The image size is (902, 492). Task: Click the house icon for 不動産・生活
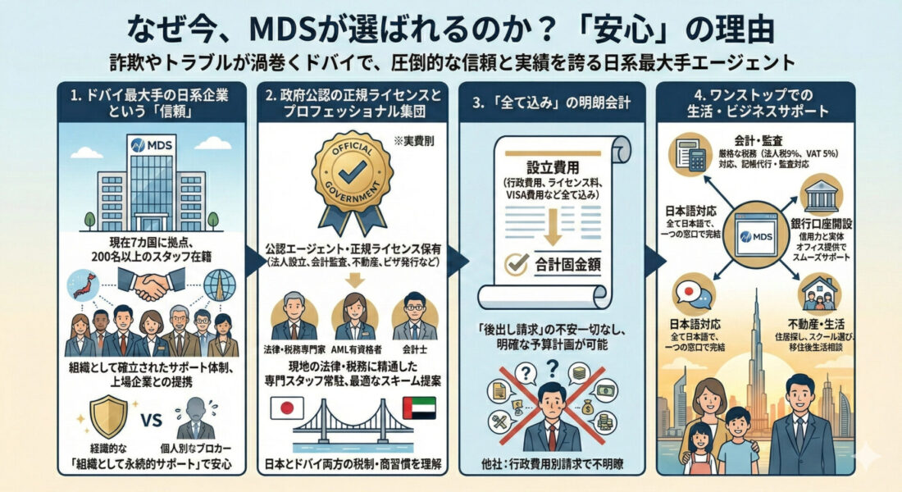click(821, 291)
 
